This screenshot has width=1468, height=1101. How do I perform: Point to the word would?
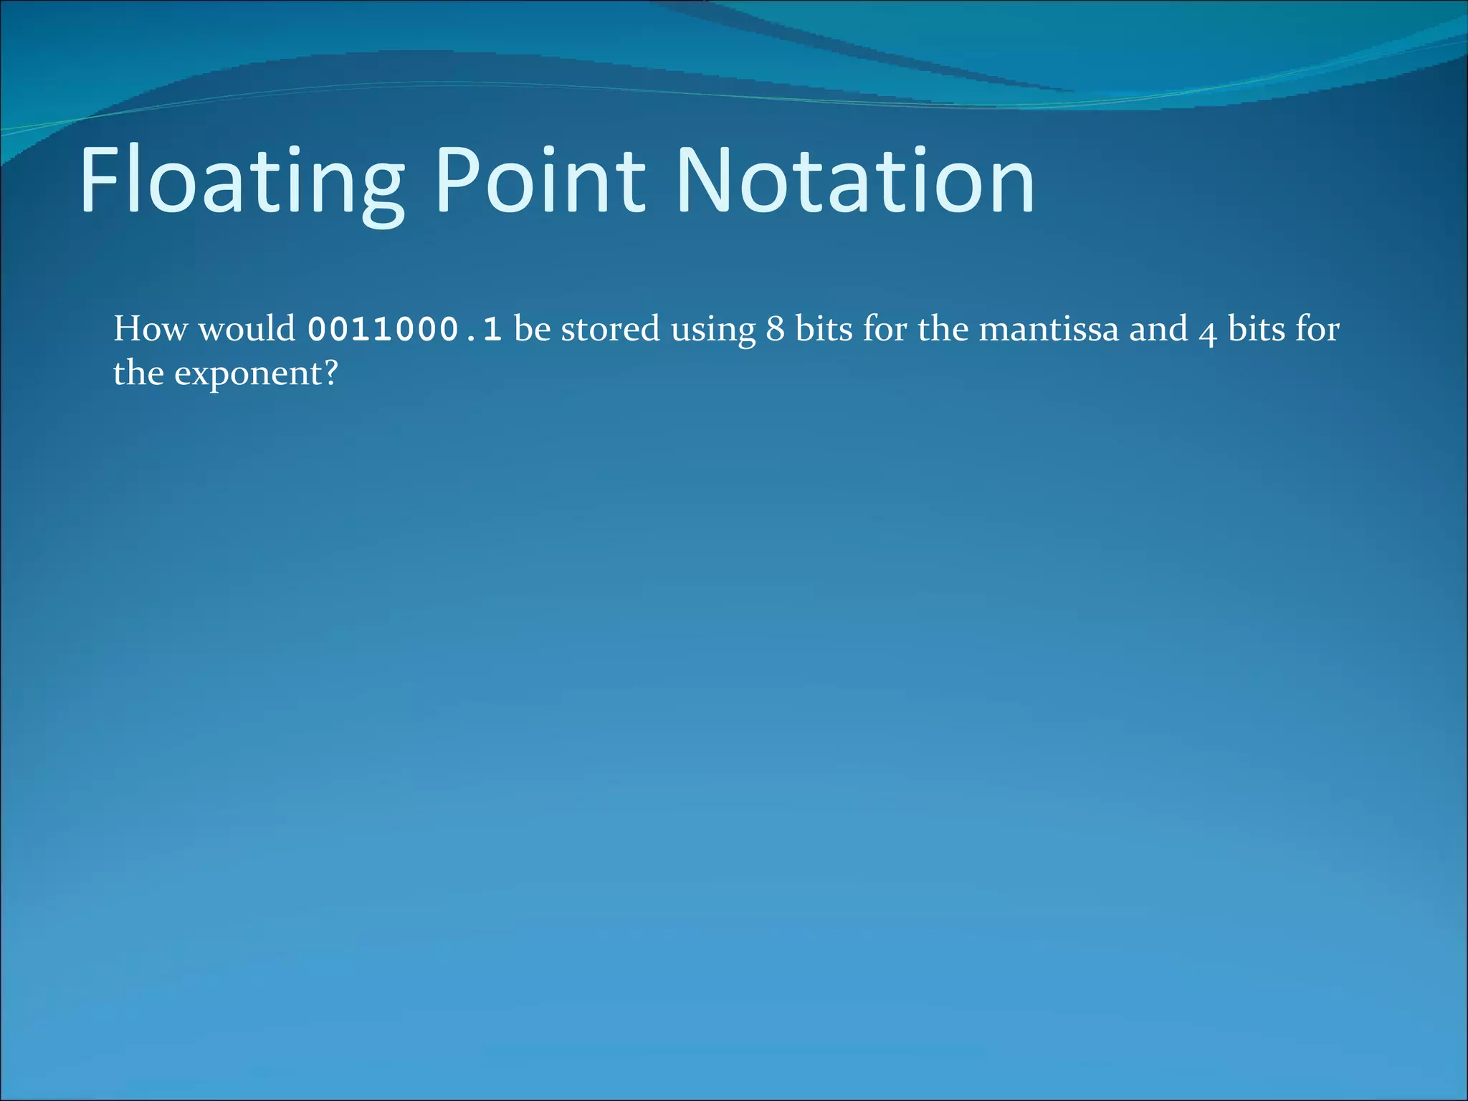pyautogui.click(x=247, y=329)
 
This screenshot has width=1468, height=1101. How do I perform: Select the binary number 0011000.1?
pyautogui.click(x=404, y=330)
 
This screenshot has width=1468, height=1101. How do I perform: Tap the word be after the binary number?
pyautogui.click(x=532, y=329)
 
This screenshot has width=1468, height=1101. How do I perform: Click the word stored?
pyautogui.click(x=610, y=329)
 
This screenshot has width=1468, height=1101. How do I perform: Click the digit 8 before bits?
pyautogui.click(x=775, y=330)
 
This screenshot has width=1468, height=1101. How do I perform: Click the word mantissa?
pyautogui.click(x=1048, y=330)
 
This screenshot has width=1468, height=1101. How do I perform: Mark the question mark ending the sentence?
pyautogui.click(x=330, y=373)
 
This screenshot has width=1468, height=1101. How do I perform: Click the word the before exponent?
pyautogui.click(x=138, y=373)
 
